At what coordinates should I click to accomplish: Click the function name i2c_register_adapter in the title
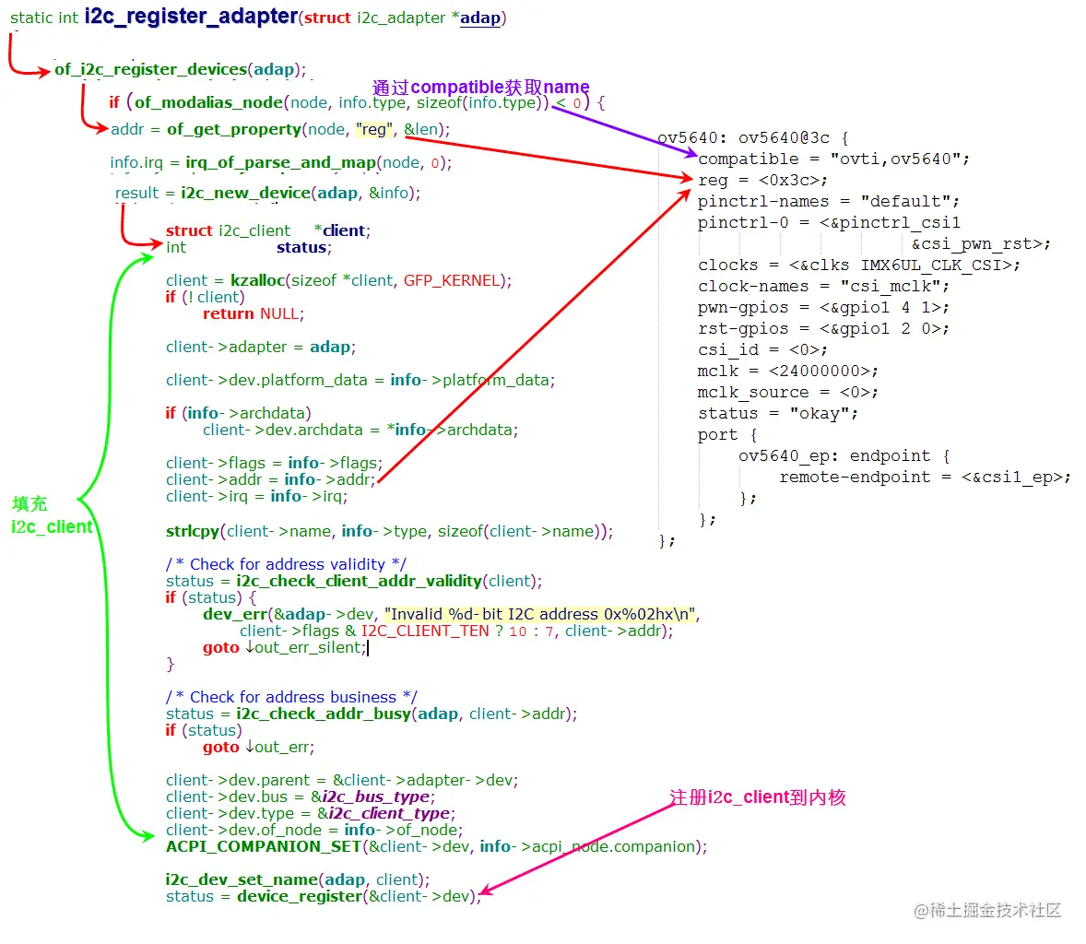[x=191, y=17]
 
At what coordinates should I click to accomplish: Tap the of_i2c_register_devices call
[x=150, y=69]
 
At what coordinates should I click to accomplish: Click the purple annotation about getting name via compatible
[x=480, y=88]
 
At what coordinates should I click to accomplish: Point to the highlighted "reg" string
[x=374, y=129]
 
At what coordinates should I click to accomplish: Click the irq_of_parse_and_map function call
[x=280, y=162]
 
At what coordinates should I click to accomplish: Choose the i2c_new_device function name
[x=245, y=193]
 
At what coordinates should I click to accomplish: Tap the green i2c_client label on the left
[x=52, y=526]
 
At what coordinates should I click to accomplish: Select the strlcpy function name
[x=193, y=531]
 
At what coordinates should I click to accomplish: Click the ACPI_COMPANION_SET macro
[x=263, y=846]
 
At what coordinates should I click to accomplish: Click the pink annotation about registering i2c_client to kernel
[x=757, y=797]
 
